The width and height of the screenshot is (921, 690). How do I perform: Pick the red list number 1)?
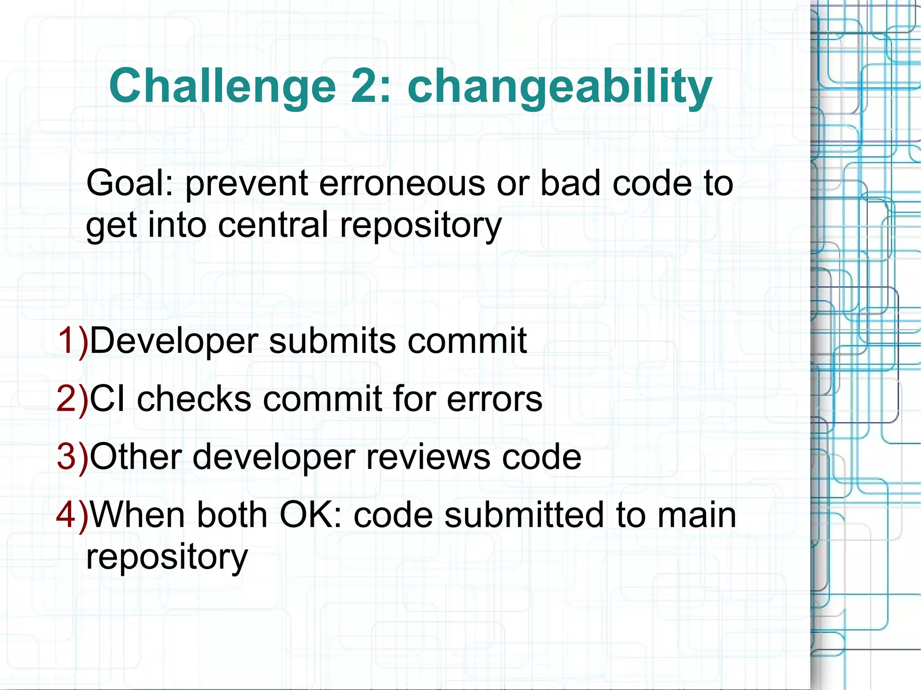(x=72, y=341)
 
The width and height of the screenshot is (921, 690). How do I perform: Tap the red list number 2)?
(x=72, y=399)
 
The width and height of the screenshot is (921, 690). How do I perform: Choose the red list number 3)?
(x=72, y=457)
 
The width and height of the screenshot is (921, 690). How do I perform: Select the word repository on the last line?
(x=167, y=557)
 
